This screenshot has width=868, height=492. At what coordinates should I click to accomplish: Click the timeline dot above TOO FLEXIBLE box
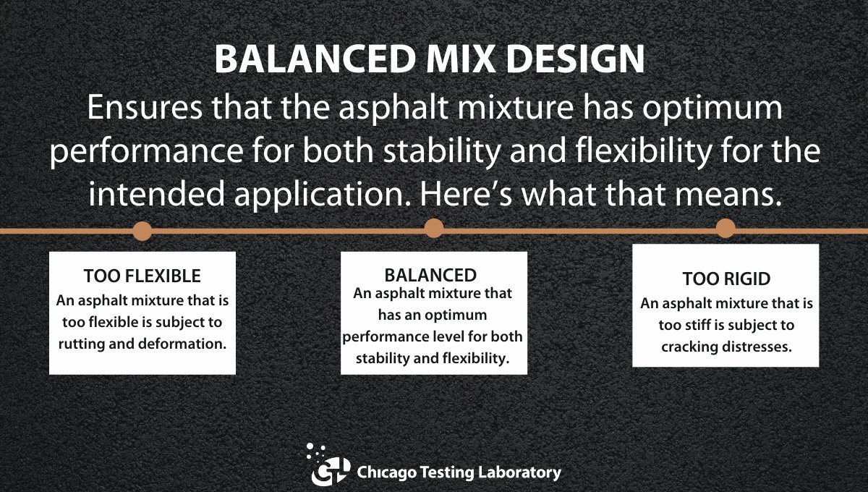142,231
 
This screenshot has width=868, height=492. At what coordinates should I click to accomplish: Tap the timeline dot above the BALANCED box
433,229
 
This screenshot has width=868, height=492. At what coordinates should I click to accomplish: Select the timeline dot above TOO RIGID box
726,229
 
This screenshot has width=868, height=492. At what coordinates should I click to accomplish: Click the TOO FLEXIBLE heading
142,276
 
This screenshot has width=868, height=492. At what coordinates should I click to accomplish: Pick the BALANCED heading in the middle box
430,275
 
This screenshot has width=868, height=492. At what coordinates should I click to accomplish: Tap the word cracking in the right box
689,347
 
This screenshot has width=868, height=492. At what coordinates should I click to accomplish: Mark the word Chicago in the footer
383,472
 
